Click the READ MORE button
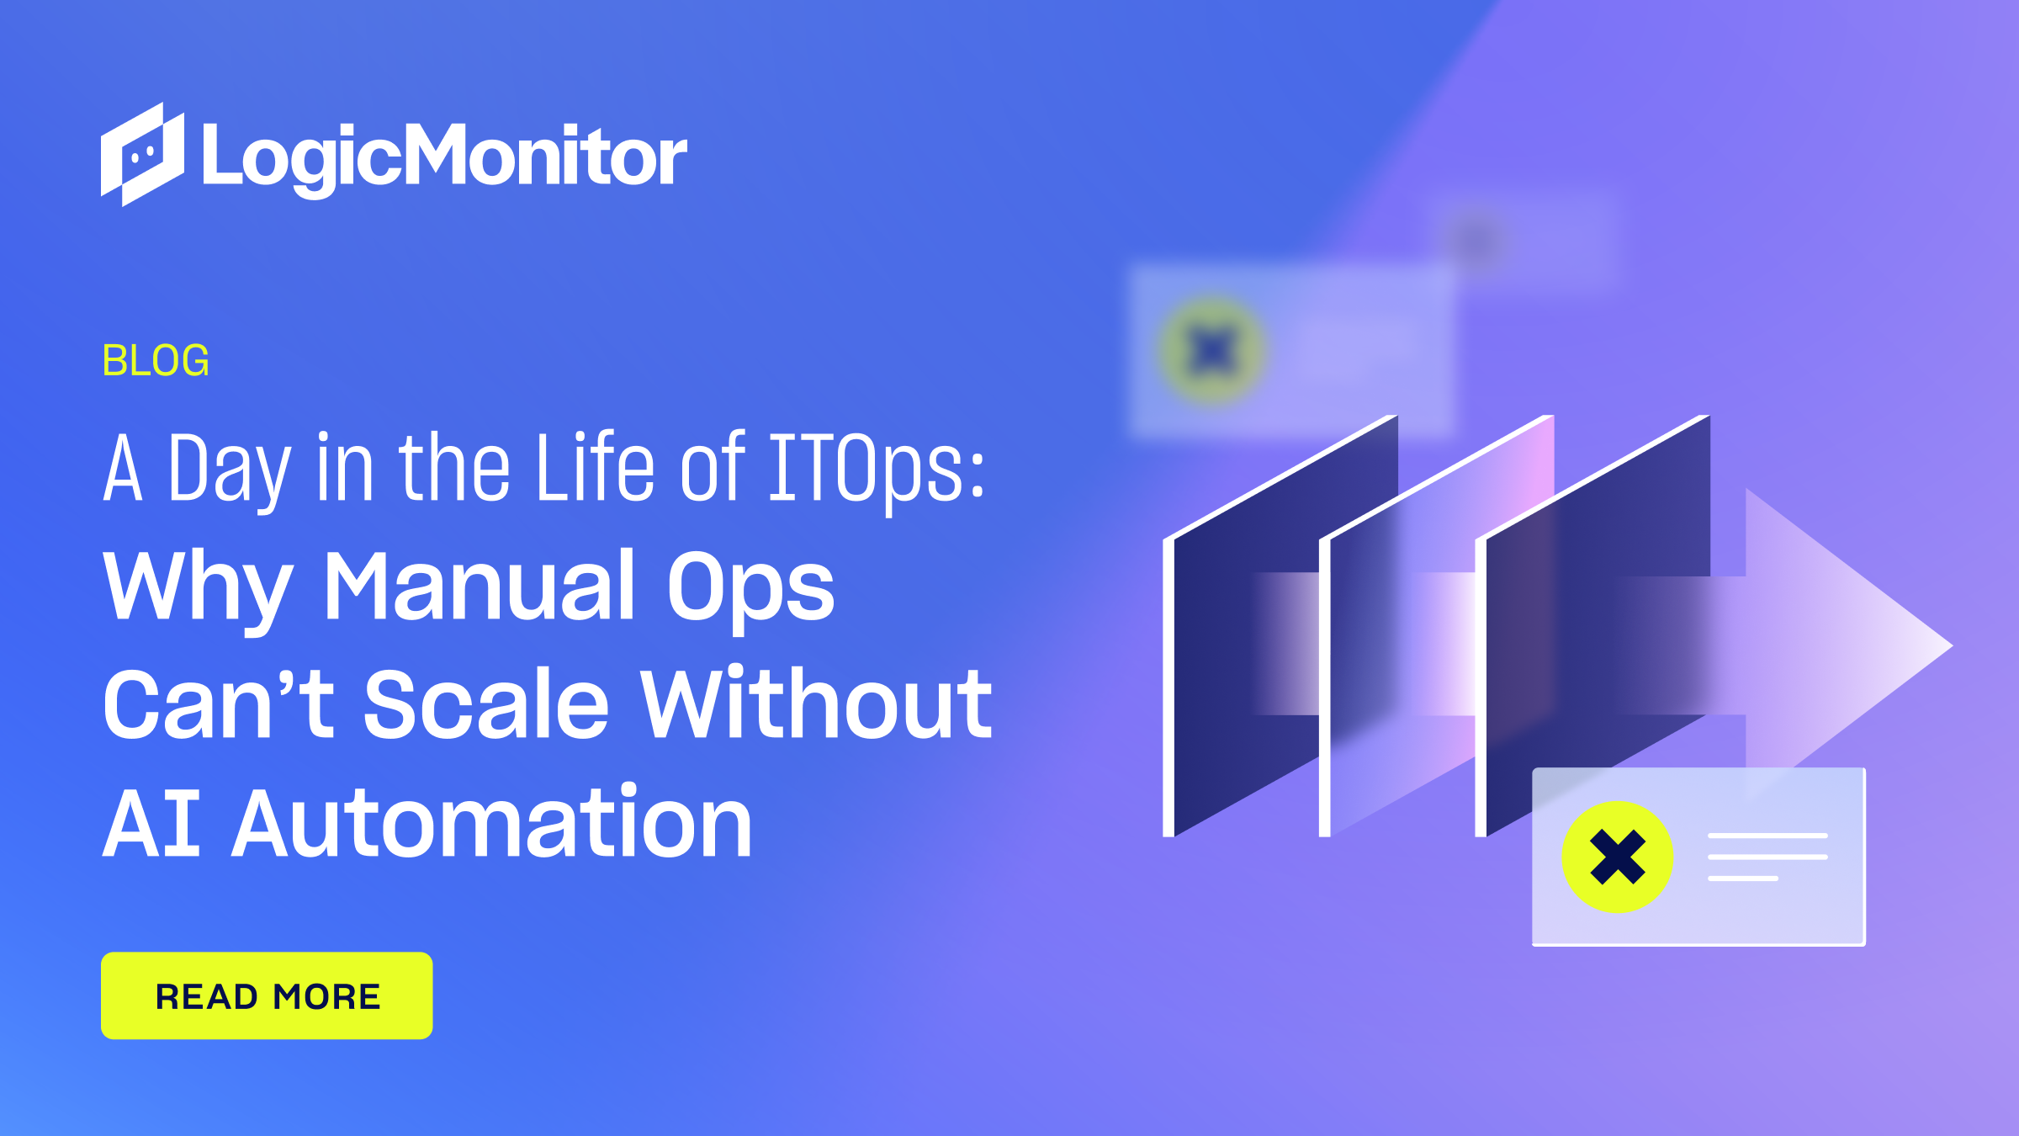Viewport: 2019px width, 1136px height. click(x=267, y=995)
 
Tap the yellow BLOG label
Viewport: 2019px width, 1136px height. click(x=156, y=361)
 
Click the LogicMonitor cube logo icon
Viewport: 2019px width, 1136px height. click(x=142, y=155)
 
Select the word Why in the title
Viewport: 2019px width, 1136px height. click(x=199, y=587)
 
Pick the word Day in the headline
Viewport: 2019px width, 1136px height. click(x=230, y=470)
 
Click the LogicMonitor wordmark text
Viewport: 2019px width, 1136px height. click(x=444, y=157)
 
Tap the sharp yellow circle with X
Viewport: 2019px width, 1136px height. click(x=1617, y=857)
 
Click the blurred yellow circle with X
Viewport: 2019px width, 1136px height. click(x=1212, y=350)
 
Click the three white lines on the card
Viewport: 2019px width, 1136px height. click(x=1767, y=857)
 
